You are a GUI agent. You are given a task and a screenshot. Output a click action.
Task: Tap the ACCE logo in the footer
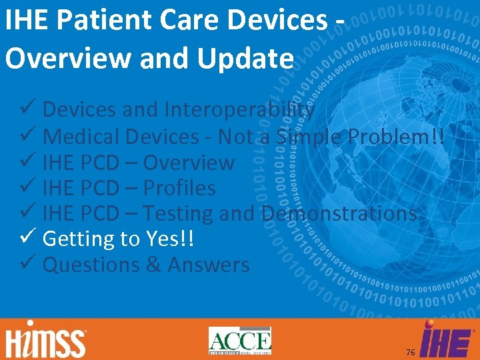pos(240,341)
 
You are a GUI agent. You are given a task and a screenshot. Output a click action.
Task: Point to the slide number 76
pos(411,351)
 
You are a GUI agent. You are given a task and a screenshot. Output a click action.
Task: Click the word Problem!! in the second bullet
pos(405,137)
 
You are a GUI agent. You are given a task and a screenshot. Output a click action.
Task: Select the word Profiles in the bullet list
pos(179,188)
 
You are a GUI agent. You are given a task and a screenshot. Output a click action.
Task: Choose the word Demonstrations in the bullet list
pos(339,213)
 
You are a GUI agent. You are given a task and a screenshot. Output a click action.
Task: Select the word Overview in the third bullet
pos(189,162)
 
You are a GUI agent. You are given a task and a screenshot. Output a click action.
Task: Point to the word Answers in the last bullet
pos(209,265)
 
